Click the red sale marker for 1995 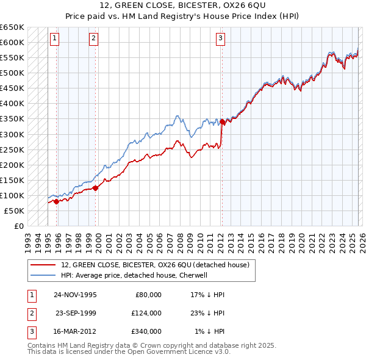coord(56,201)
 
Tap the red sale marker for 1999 coord(96,188)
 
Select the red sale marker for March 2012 coord(222,122)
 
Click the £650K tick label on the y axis coord(12,27)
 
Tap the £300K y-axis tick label coord(12,134)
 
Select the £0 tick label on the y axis coord(19,226)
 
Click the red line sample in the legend coord(43,265)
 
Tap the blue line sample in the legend coord(43,275)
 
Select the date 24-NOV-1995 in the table coord(75,295)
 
